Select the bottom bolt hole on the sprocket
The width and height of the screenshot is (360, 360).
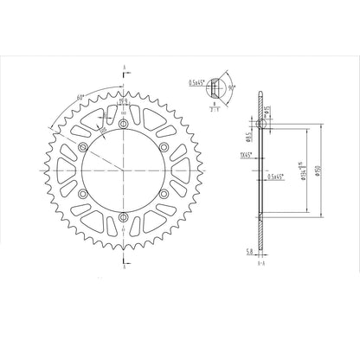(125, 215)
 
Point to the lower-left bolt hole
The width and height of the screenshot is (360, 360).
(85, 193)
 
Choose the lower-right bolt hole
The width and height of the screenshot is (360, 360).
(164, 193)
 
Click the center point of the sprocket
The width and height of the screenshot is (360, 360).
(125, 170)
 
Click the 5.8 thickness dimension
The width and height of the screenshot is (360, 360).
(249, 252)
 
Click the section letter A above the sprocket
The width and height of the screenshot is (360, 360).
(125, 67)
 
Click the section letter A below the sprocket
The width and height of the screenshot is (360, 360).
(125, 269)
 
